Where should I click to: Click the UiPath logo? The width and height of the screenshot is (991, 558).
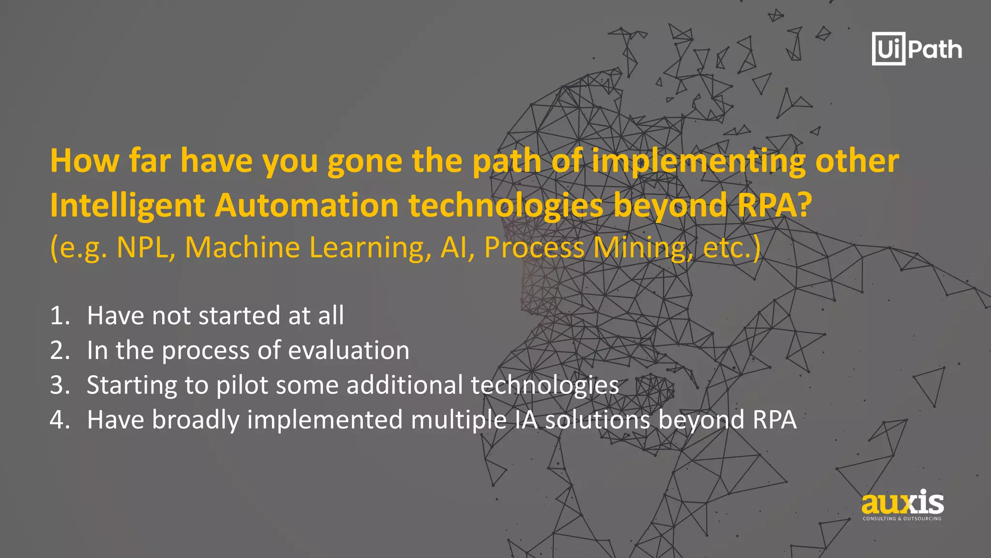coord(916,49)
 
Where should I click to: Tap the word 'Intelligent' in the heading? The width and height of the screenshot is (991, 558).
coord(127,205)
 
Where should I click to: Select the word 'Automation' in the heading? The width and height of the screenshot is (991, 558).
coord(306,205)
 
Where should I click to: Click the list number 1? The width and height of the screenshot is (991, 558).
coord(60,316)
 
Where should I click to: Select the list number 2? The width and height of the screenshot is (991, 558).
coord(60,350)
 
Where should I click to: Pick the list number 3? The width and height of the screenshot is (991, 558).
coord(60,385)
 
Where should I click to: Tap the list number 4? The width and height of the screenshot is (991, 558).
coord(60,419)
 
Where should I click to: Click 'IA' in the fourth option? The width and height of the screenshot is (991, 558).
coord(526,419)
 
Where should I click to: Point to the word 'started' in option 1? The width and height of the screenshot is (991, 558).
coord(239,316)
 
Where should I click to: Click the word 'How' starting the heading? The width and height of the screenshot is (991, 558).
coord(85,161)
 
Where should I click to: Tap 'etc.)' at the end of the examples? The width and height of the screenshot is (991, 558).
coord(732,248)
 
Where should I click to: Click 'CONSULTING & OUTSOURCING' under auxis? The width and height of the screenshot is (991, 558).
coord(902,519)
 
